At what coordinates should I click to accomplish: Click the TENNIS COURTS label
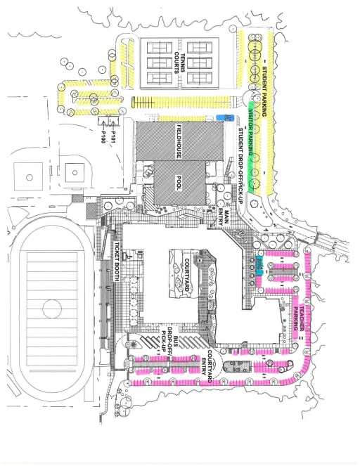click(179, 63)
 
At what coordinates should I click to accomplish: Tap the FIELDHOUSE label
click(179, 141)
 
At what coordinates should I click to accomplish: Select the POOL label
click(179, 183)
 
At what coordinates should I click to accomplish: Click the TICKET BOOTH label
click(117, 261)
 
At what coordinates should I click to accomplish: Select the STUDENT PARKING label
click(264, 91)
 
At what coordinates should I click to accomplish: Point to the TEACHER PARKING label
click(299, 318)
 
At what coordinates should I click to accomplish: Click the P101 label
click(113, 137)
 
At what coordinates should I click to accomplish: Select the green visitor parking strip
click(252, 148)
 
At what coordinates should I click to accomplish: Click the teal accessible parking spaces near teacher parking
click(259, 266)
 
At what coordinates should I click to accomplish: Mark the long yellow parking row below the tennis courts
click(181, 102)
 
